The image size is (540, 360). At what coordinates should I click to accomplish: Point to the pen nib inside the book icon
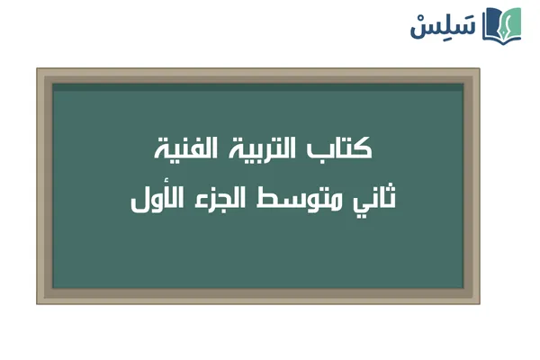(x=505, y=22)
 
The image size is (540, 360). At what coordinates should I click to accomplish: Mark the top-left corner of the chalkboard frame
(x=38, y=69)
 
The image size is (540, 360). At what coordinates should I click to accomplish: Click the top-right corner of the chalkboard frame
(x=479, y=69)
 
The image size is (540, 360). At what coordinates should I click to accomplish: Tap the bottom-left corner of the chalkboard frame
(x=38, y=303)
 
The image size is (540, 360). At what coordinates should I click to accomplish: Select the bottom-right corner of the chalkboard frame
(x=479, y=303)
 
